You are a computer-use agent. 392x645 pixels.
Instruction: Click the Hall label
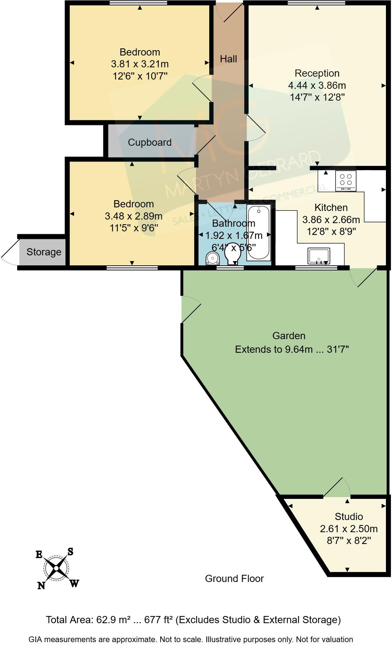(x=228, y=59)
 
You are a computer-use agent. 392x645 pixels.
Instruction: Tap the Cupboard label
(x=150, y=143)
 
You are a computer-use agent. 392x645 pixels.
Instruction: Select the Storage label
(x=44, y=252)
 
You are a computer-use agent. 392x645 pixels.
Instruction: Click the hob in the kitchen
(x=346, y=181)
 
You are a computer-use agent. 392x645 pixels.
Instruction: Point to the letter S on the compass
(x=70, y=552)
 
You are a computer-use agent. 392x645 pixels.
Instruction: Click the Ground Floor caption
(x=234, y=579)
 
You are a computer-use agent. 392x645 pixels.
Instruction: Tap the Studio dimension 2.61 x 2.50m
(x=349, y=529)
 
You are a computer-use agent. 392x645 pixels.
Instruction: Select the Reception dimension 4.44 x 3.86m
(x=317, y=85)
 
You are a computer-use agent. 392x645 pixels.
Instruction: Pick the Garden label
(x=289, y=336)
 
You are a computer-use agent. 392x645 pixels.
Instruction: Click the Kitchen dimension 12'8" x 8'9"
(x=331, y=231)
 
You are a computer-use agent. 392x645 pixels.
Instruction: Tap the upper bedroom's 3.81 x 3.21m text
(x=139, y=64)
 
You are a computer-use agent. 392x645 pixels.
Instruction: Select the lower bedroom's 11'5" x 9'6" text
(x=134, y=228)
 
